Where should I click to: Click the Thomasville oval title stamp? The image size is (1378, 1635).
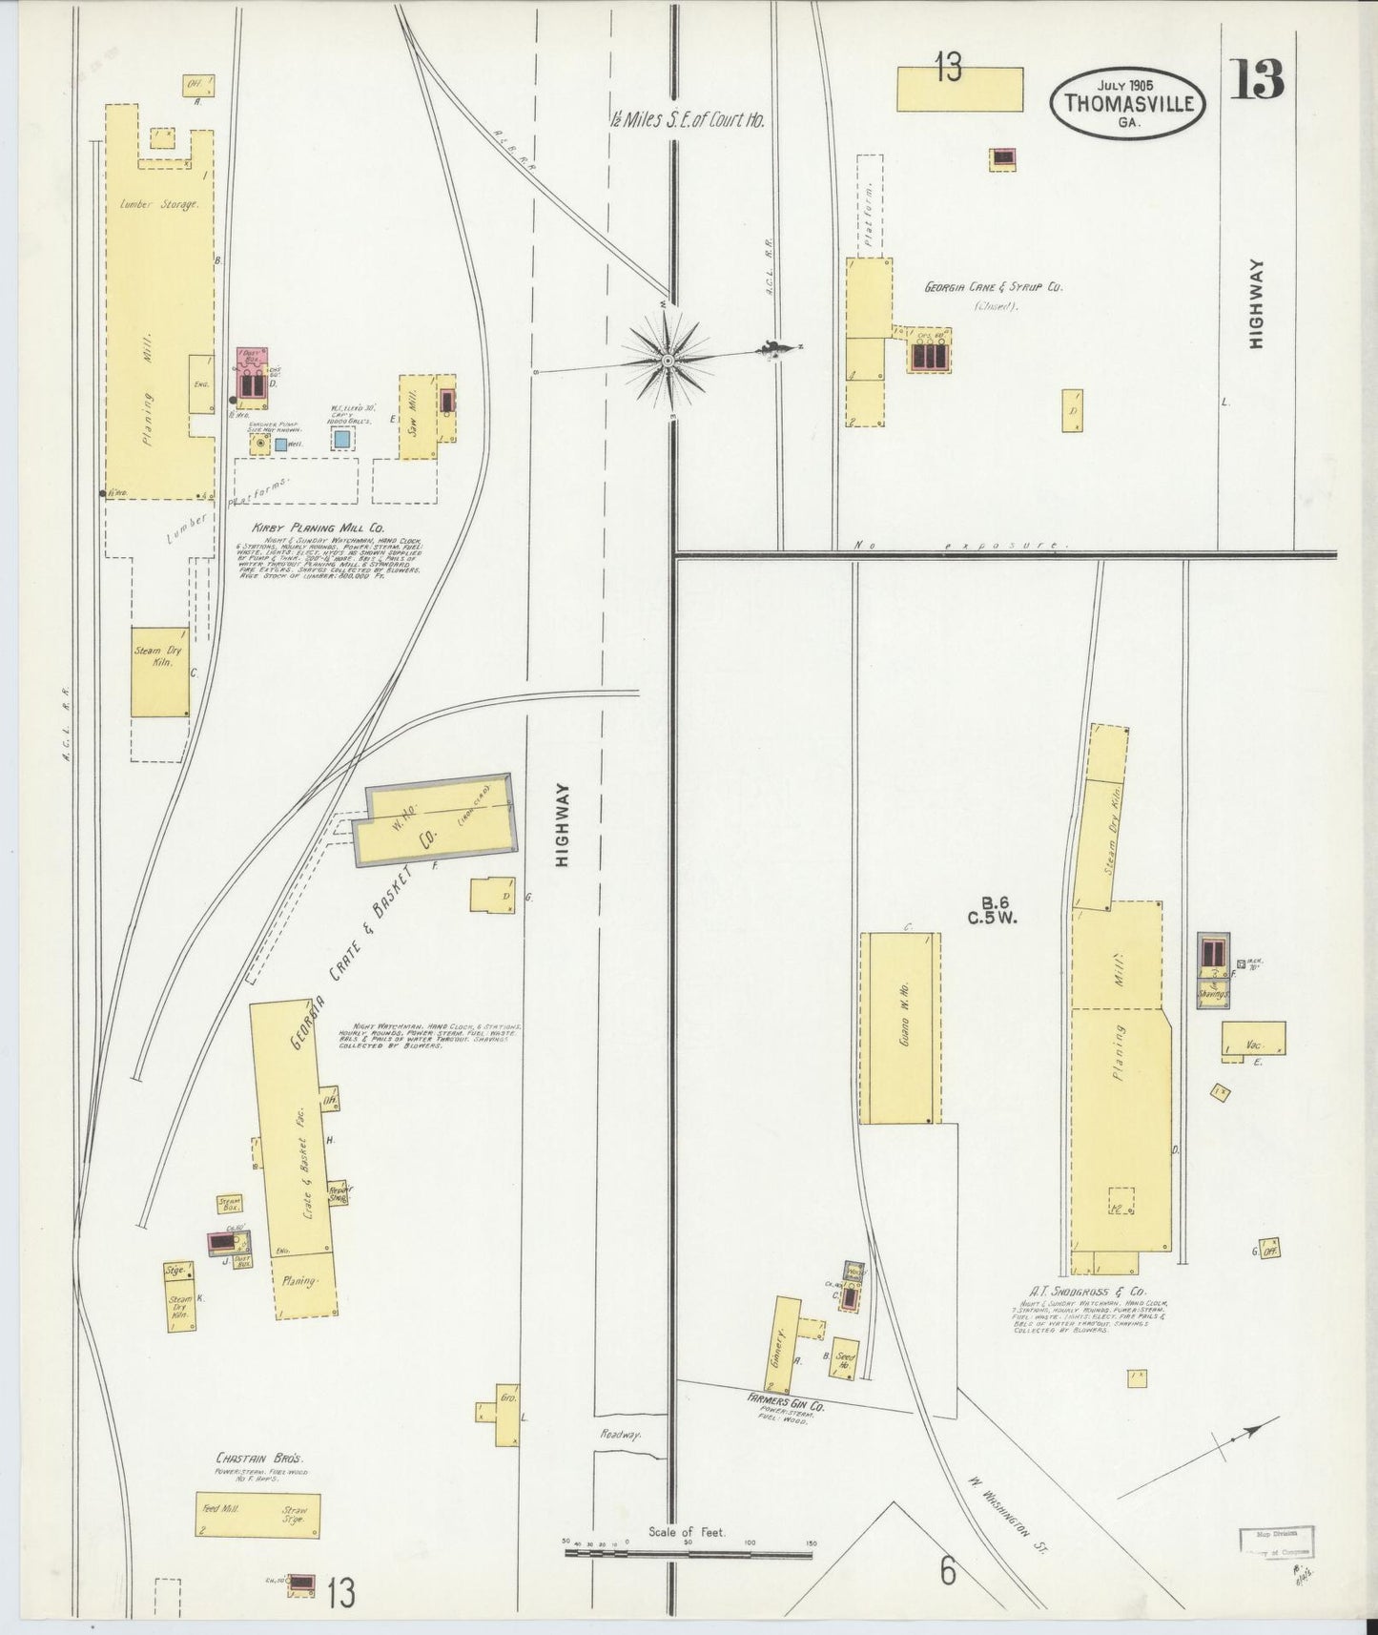[1129, 103]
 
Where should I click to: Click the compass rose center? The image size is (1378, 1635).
[668, 361]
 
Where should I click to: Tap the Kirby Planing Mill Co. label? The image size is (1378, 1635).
[304, 528]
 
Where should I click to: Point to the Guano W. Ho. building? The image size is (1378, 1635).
[899, 1027]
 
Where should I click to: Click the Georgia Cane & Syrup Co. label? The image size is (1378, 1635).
[992, 286]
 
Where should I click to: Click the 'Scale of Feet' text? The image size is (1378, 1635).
[687, 1532]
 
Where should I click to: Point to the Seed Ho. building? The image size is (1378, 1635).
[845, 1361]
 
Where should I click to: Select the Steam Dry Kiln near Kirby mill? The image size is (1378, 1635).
[159, 672]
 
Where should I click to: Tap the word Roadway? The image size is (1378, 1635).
[621, 1435]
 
